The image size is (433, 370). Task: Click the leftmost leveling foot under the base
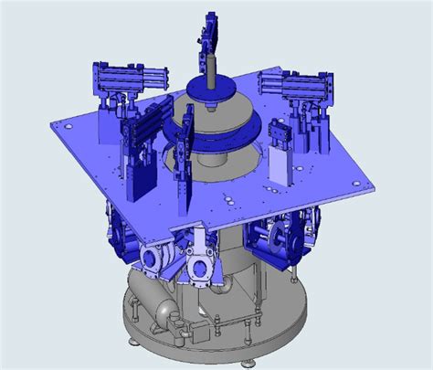(x=136, y=344)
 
